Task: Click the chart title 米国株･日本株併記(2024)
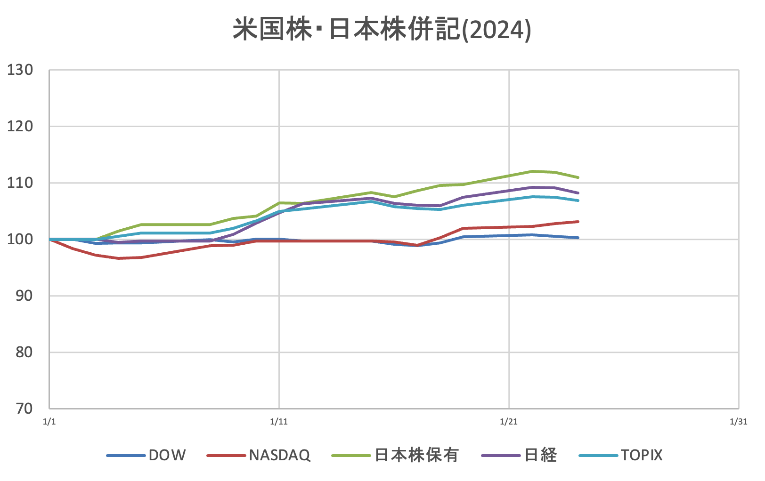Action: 382,30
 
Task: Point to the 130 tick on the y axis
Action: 20,70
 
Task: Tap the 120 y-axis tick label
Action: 20,126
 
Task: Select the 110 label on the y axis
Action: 20,183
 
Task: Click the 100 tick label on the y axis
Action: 20,239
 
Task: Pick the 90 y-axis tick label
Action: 24,296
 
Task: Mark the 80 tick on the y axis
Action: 24,352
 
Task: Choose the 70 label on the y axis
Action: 24,409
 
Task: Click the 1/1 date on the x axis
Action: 49,422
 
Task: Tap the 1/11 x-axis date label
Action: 279,422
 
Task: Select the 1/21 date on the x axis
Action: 509,422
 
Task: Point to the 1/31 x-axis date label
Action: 738,422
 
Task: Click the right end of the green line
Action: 578,177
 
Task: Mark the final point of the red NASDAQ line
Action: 578,221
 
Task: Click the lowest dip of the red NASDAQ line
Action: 118,258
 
